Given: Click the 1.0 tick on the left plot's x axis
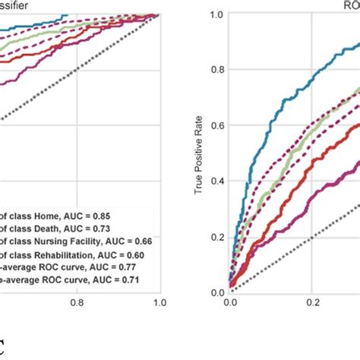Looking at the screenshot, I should pyautogui.click(x=159, y=301).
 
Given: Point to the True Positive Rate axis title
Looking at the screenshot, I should pyautogui.click(x=199, y=152).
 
